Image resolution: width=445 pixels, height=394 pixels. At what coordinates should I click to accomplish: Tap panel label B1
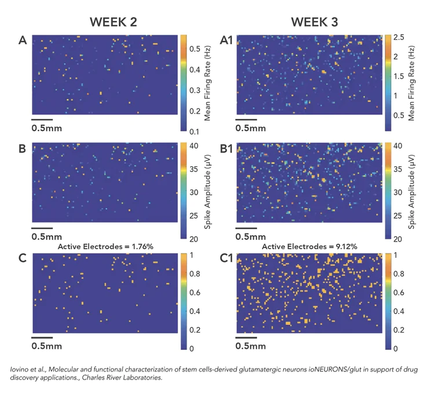click(228, 149)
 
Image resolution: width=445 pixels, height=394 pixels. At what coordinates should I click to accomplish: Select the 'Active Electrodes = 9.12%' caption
click(309, 246)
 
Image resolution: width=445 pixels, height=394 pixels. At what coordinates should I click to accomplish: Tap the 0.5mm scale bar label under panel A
click(46, 128)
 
